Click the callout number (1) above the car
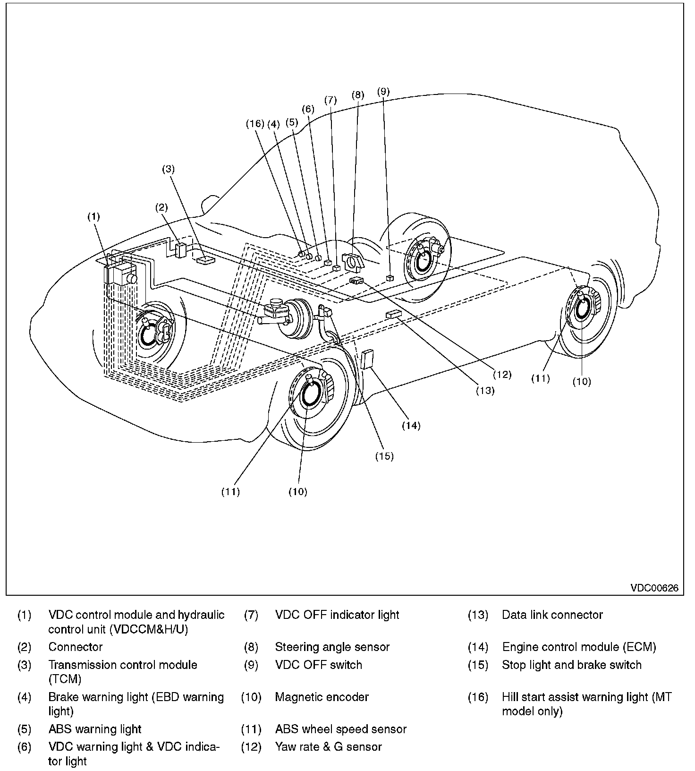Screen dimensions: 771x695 click(93, 216)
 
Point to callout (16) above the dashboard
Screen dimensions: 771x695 click(255, 124)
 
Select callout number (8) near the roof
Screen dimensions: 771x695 click(358, 94)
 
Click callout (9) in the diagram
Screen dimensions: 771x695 click(383, 91)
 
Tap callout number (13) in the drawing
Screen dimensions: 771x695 click(485, 390)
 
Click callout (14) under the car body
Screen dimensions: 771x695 click(411, 425)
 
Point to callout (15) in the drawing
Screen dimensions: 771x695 click(384, 456)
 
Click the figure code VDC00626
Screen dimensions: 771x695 click(654, 588)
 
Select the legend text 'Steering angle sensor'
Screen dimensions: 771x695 click(332, 647)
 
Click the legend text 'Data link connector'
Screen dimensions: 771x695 click(552, 615)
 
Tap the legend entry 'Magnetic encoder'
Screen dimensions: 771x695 click(322, 697)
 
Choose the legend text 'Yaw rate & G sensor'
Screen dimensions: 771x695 click(329, 746)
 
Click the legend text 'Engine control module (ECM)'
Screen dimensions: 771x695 click(579, 647)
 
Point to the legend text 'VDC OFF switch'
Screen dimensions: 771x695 click(319, 665)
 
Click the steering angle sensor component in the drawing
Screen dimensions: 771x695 click(354, 261)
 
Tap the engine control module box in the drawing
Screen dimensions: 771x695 click(367, 359)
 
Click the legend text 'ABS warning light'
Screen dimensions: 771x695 click(95, 729)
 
